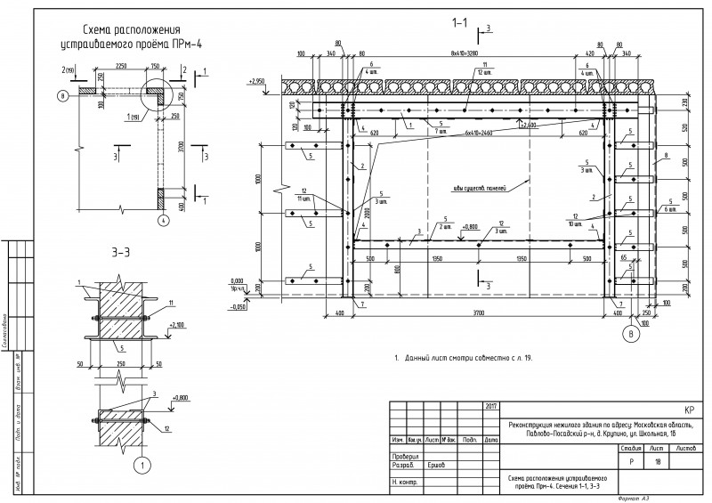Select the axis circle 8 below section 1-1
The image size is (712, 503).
[631, 335]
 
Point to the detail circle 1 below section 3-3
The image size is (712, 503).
[140, 464]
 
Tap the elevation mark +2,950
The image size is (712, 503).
[257, 80]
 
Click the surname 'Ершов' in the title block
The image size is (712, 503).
[435, 464]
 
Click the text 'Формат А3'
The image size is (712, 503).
[634, 498]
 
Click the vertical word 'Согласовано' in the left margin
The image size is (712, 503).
[8, 329]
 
